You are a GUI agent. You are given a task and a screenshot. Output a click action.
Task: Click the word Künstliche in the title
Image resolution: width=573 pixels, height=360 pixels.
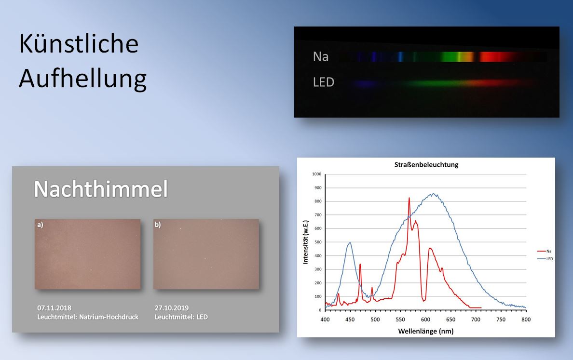pyautogui.click(x=79, y=43)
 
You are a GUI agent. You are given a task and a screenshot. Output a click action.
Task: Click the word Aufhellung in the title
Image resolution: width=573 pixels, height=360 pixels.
pyautogui.click(x=83, y=79)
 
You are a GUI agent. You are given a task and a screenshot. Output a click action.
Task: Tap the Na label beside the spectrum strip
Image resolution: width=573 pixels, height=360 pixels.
pyautogui.click(x=320, y=56)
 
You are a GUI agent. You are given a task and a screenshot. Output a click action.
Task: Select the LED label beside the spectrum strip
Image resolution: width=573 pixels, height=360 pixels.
pyautogui.click(x=324, y=82)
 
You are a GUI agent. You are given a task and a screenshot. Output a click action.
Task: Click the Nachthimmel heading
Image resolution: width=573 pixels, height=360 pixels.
pyautogui.click(x=101, y=189)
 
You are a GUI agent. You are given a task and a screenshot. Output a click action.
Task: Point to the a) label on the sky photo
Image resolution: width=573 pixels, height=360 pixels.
pyautogui.click(x=40, y=225)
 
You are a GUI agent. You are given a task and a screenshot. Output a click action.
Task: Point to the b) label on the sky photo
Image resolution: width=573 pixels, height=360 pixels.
pyautogui.click(x=158, y=225)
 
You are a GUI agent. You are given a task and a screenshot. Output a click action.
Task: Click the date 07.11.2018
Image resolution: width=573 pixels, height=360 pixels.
pyautogui.click(x=54, y=308)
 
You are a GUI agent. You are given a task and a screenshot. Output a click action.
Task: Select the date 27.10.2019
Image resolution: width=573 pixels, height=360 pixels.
pyautogui.click(x=172, y=308)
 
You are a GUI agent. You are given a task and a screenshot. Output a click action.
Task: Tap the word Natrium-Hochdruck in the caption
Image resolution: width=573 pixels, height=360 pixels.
pyautogui.click(x=109, y=317)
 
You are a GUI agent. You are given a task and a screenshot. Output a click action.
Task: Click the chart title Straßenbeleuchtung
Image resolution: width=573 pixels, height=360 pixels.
pyautogui.click(x=426, y=165)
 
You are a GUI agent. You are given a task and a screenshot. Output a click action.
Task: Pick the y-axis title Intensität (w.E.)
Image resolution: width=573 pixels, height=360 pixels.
pyautogui.click(x=305, y=242)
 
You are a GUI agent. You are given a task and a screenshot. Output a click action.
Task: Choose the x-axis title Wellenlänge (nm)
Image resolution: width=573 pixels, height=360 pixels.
pyautogui.click(x=426, y=331)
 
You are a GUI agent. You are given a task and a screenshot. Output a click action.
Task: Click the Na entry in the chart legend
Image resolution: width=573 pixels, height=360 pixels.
pyautogui.click(x=548, y=251)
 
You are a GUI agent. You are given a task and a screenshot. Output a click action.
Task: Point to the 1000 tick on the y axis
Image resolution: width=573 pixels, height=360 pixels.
pyautogui.click(x=316, y=174)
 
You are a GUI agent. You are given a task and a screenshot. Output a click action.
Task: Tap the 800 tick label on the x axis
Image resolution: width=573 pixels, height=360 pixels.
pyautogui.click(x=526, y=320)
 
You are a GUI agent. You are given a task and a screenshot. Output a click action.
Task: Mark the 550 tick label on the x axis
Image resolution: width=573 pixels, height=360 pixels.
pyautogui.click(x=400, y=320)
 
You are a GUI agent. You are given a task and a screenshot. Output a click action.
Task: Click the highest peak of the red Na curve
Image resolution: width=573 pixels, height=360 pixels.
pyautogui.click(x=409, y=198)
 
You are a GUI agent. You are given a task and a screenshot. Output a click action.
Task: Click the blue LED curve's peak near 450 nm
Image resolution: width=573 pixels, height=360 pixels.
pyautogui.click(x=350, y=242)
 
